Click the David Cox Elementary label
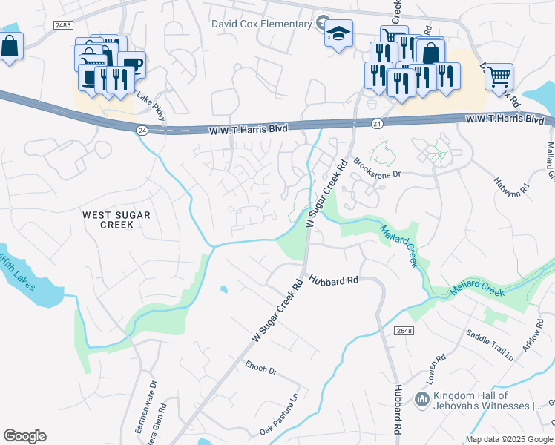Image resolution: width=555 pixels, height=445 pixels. point(261,24)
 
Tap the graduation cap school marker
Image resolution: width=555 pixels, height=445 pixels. point(338,33)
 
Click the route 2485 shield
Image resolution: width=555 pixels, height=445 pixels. point(64,24)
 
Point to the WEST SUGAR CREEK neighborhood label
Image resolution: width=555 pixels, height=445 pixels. point(116,220)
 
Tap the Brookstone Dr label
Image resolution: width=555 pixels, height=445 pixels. point(376,167)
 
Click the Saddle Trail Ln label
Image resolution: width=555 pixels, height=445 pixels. point(489,345)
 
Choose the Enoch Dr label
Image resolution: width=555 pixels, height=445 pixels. point(261,368)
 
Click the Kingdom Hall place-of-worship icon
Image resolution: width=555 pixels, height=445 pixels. point(421,400)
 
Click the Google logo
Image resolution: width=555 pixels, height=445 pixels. point(24,436)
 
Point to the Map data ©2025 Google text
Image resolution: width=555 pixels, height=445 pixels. point(509,439)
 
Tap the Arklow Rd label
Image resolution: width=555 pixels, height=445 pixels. point(532,340)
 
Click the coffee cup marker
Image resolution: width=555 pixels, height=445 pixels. point(132,64)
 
